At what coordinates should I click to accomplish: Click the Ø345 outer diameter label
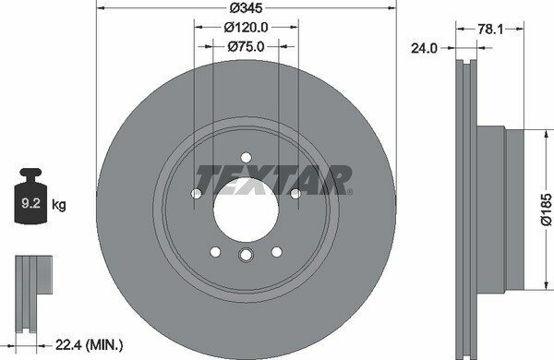click(247, 9)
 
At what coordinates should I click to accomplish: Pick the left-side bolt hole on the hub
click(197, 193)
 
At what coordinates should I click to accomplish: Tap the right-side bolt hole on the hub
click(295, 193)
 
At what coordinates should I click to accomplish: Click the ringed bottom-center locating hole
click(247, 258)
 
